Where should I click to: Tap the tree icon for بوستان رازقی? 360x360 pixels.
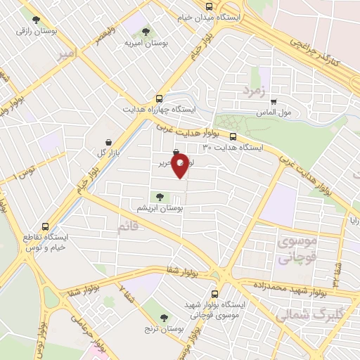tap(33, 18)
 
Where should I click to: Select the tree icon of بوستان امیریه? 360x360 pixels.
tap(145, 32)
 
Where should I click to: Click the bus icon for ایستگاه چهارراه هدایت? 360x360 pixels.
tap(160, 98)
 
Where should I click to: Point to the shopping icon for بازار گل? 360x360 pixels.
tap(108, 141)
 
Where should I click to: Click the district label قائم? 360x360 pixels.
tap(126, 226)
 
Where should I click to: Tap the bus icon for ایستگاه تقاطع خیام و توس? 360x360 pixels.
tap(46, 227)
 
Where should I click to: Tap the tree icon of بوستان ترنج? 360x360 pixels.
tap(165, 318)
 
